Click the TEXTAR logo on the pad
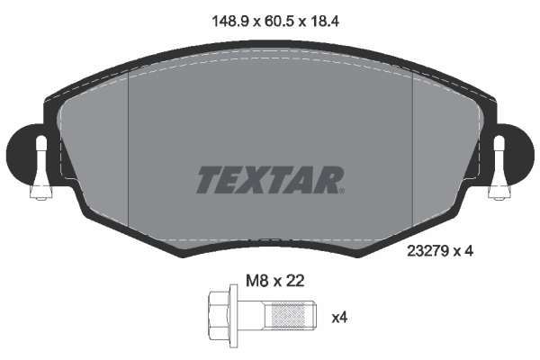tap(269, 179)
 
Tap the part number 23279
tap(428, 252)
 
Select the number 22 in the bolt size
tap(295, 281)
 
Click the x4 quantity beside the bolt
tap(339, 317)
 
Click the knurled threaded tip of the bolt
tap(289, 316)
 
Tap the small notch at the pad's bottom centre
tap(270, 240)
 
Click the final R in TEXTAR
tap(328, 179)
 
